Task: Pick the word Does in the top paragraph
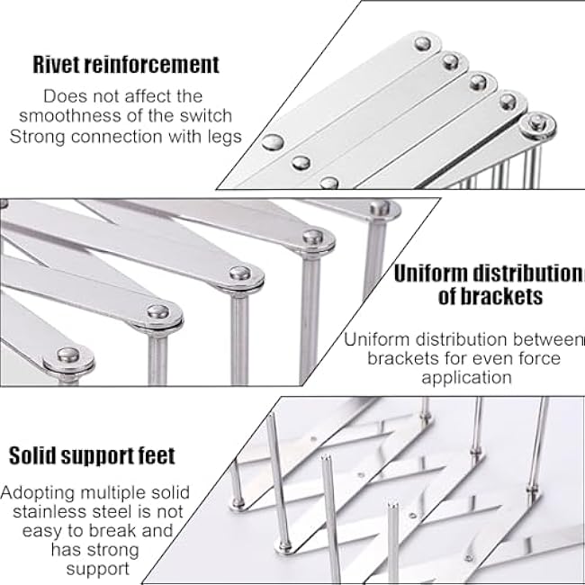click(x=64, y=95)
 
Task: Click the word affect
click(x=136, y=95)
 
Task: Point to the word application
click(x=463, y=378)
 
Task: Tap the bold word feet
click(x=150, y=454)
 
